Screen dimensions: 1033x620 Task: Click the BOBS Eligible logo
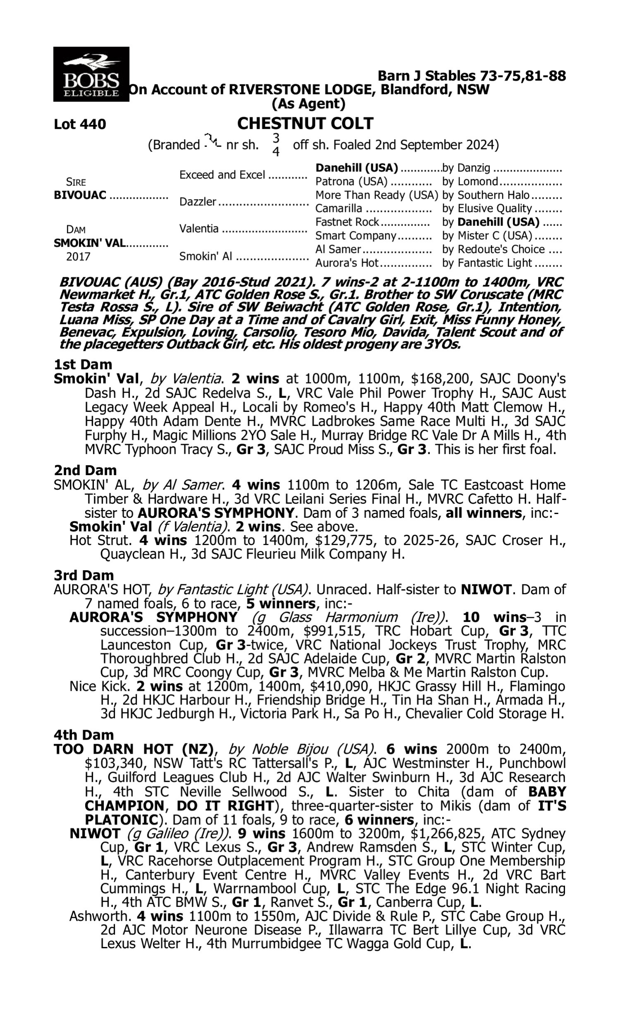click(91, 74)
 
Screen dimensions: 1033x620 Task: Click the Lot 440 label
click(80, 124)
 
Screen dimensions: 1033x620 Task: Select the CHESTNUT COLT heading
click(305, 124)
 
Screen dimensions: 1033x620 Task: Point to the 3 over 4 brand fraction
click(276, 145)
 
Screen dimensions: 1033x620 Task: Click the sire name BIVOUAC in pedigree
click(80, 195)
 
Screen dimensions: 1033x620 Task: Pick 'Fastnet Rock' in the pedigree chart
click(347, 222)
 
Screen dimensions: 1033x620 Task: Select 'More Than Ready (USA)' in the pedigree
click(377, 195)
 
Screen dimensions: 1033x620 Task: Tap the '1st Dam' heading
click(83, 364)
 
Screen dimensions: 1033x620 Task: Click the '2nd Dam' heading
click(85, 470)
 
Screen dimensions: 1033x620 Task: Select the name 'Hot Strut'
click(100, 540)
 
